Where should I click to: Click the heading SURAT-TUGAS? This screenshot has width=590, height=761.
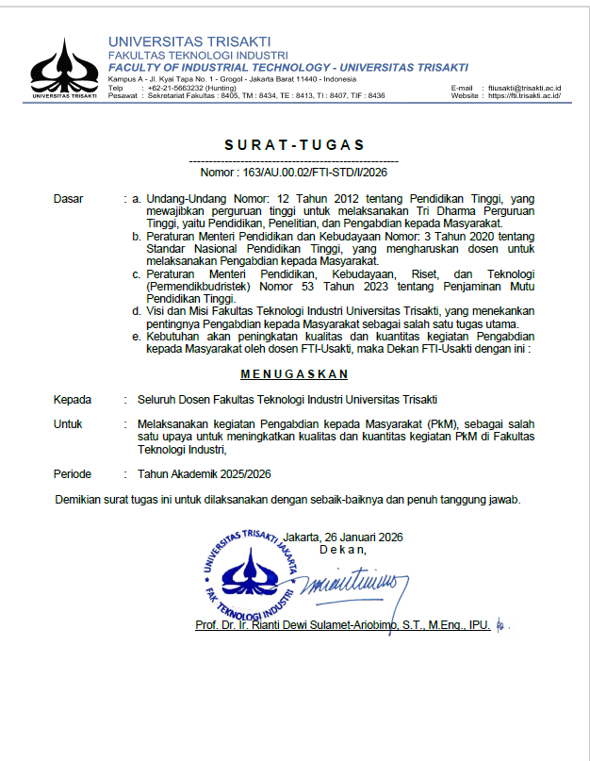(294, 145)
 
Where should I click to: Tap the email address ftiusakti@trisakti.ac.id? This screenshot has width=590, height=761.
(525, 88)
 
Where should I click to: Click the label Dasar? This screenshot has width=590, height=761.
(69, 199)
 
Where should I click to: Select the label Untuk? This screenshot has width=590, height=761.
(69, 424)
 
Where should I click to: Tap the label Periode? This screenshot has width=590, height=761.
(74, 473)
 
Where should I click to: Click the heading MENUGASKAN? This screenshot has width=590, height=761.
(294, 373)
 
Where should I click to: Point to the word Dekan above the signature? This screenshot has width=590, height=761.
(343, 549)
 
